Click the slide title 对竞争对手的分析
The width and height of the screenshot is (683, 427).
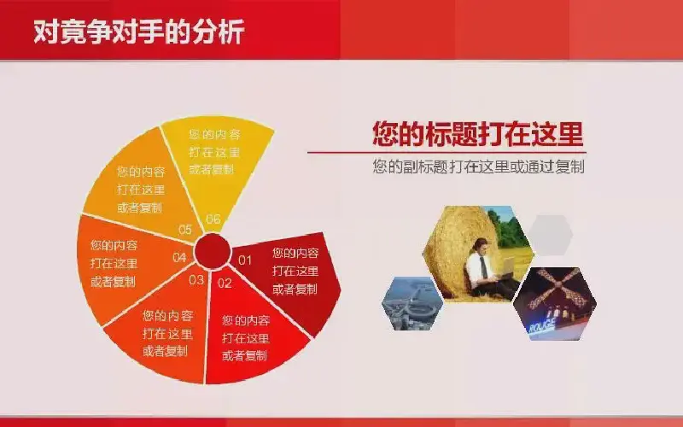[138, 32]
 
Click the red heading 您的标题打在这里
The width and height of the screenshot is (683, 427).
[478, 133]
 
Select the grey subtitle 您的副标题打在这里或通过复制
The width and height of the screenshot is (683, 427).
[478, 167]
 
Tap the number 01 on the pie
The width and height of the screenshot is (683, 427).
[245, 260]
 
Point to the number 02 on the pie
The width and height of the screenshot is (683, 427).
[225, 284]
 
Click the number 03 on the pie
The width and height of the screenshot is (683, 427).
[196, 280]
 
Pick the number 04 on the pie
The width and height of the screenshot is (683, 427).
[179, 258]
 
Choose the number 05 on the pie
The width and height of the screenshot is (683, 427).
[185, 229]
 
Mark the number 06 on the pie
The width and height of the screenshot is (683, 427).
[213, 219]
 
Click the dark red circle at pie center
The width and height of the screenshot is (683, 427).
[212, 251]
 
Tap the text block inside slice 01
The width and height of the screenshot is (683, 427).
[295, 271]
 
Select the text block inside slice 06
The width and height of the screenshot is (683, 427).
[215, 152]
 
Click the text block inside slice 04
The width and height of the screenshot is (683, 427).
[114, 263]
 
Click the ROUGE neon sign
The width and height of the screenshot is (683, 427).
[542, 325]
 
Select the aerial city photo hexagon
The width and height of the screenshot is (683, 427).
[412, 303]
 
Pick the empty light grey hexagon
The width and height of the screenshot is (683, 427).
[552, 234]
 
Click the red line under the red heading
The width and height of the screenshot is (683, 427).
[447, 153]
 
